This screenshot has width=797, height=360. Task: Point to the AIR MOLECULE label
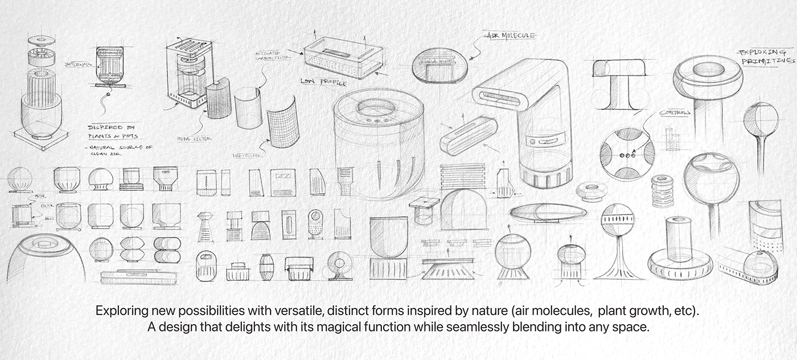[x=512, y=36]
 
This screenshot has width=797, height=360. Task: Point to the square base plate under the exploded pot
[x=40, y=135]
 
